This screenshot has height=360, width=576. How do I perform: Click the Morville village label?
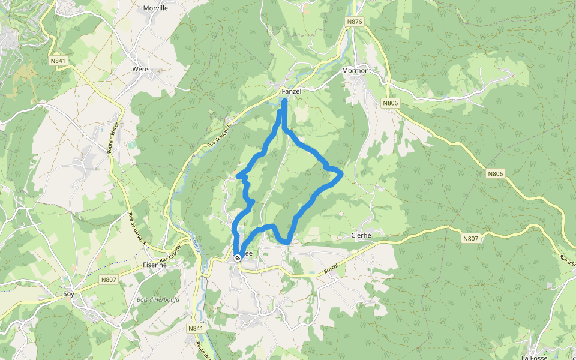point(155,8)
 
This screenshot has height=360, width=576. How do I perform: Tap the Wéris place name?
point(140,70)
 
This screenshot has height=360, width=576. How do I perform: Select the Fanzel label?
point(291,91)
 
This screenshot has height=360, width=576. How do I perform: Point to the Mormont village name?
point(356,71)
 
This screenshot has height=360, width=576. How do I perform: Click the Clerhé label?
point(362,236)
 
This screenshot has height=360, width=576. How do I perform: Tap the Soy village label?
point(68,295)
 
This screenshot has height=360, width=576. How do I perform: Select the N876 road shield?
point(355,22)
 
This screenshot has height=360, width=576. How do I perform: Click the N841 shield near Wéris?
point(58,61)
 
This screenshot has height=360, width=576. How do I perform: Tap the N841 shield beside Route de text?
point(196,328)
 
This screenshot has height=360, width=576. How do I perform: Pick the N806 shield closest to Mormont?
point(390,103)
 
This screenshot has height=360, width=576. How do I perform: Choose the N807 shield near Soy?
point(109,280)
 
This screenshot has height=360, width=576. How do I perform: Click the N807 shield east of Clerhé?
point(471,238)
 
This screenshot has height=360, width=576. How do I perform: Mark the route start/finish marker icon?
point(238,258)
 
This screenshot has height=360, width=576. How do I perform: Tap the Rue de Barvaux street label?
point(137,229)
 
